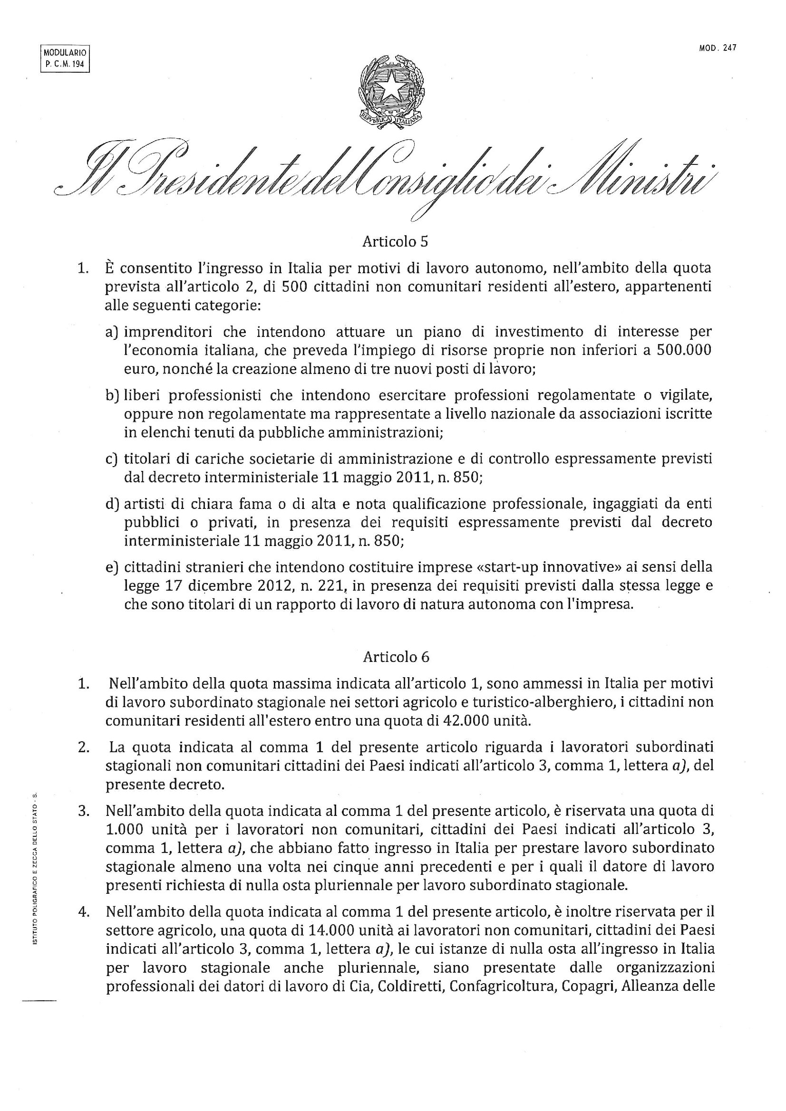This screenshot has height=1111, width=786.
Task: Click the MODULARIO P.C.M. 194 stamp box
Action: [x=65, y=58]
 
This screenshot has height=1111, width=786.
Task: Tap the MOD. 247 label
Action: [x=718, y=48]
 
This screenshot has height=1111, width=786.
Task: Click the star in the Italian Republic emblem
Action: [x=390, y=87]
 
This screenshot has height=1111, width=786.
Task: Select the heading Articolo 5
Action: [x=395, y=241]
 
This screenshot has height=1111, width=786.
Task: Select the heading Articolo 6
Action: [x=396, y=657]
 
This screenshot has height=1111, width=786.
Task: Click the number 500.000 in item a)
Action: [x=684, y=350]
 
